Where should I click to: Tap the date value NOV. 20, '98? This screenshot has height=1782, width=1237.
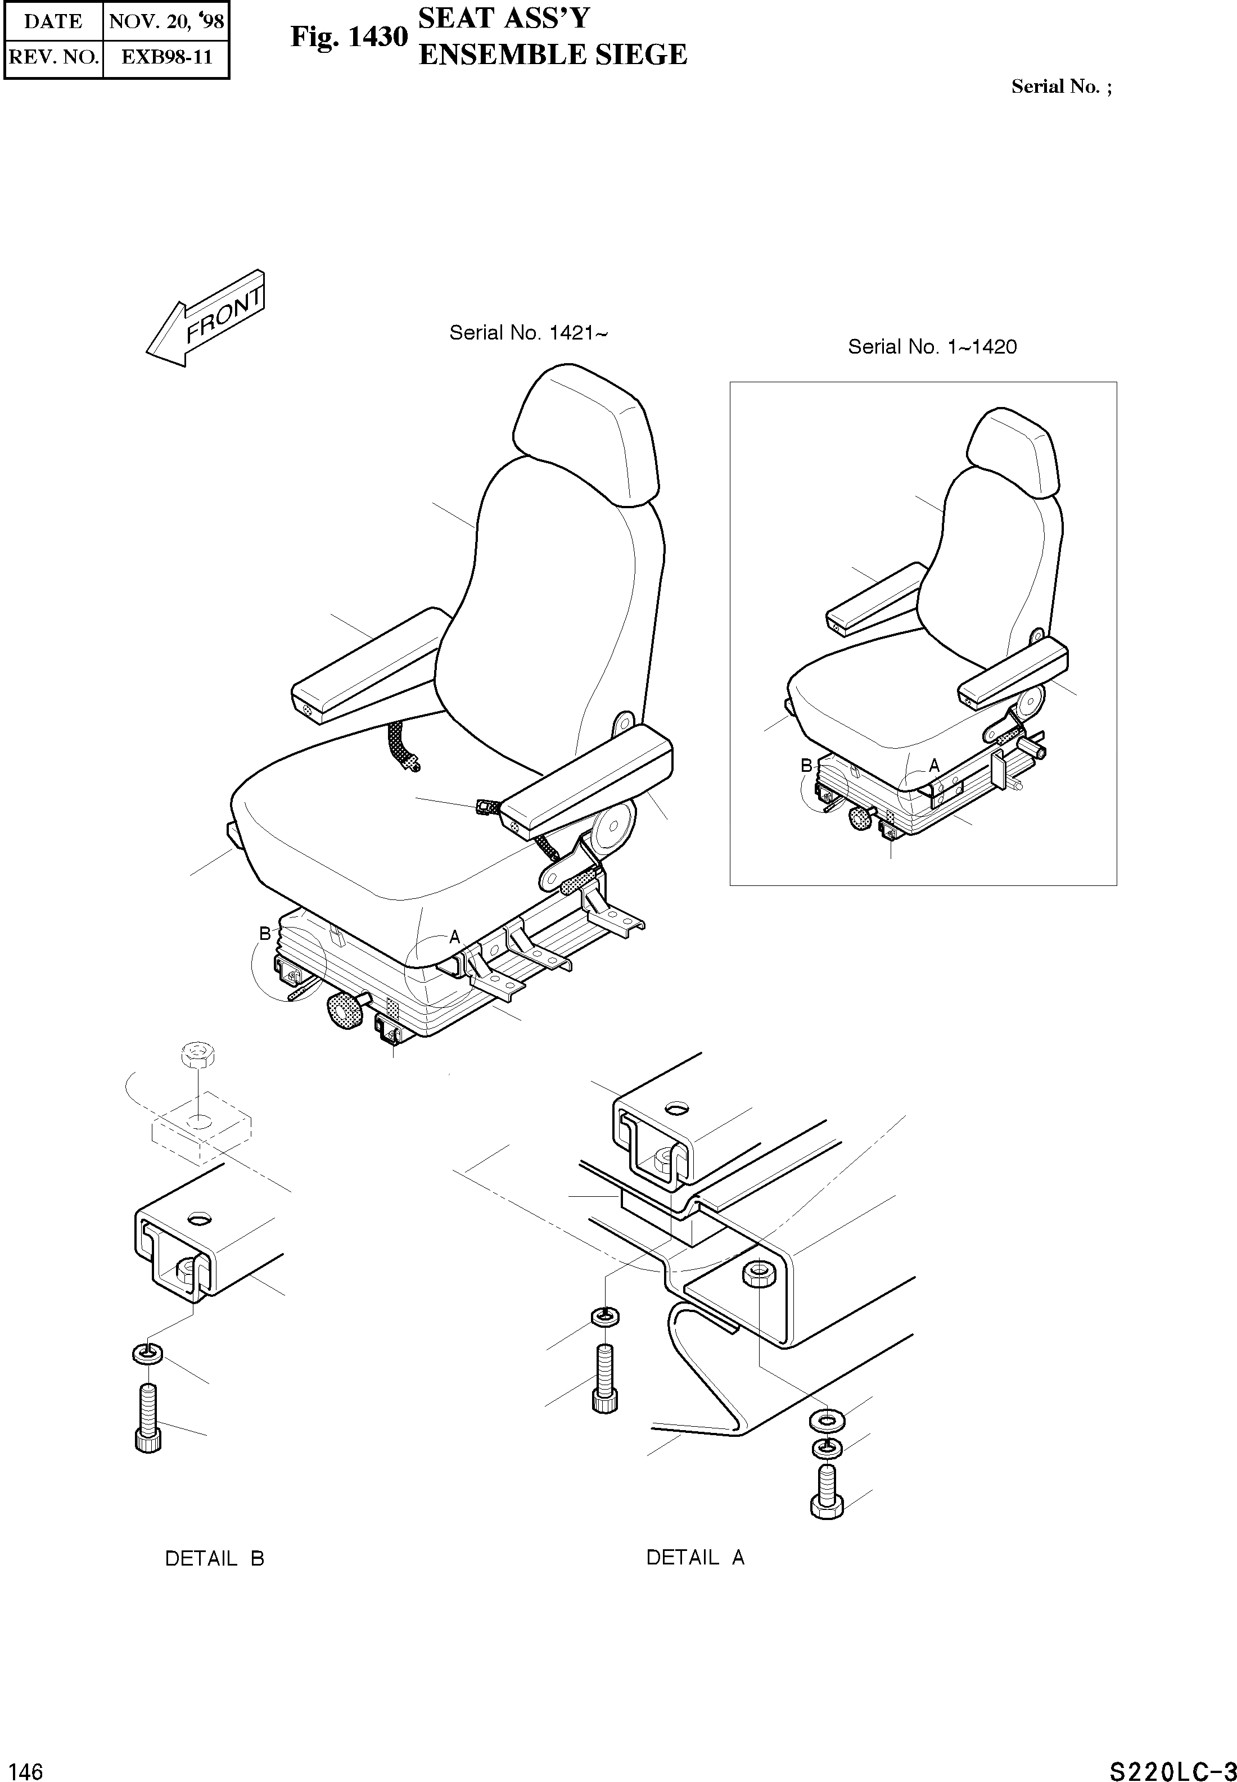click(x=166, y=21)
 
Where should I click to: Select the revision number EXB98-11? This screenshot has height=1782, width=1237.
click(x=166, y=57)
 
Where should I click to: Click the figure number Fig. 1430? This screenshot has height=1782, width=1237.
click(x=348, y=37)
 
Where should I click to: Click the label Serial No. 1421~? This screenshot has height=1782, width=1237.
click(x=529, y=333)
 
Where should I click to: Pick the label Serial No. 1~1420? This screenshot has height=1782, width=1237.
click(x=932, y=347)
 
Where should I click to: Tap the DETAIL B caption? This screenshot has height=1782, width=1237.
click(x=215, y=1558)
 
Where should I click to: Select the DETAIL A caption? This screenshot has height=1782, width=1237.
click(x=695, y=1557)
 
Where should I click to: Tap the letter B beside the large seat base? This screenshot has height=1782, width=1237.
click(x=265, y=934)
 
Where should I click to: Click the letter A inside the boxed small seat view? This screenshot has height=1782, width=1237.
click(x=934, y=766)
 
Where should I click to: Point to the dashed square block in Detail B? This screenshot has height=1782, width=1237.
click(x=201, y=1131)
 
